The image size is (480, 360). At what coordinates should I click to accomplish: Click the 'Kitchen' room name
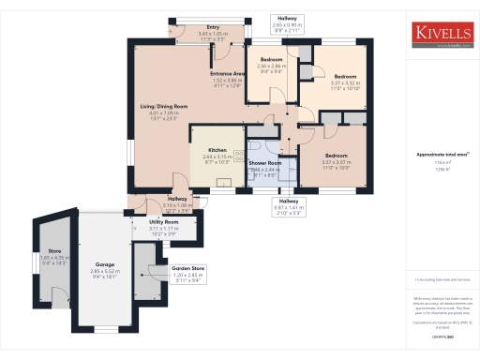pos(217,149)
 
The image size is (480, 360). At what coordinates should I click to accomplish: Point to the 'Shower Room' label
pos(265,163)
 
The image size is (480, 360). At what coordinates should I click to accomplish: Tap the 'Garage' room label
pos(105,264)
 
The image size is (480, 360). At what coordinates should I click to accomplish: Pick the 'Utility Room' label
pos(164,222)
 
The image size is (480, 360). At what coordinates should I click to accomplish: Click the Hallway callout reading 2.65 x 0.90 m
pos(287,23)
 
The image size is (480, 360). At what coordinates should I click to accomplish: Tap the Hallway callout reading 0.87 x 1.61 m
pos(286,206)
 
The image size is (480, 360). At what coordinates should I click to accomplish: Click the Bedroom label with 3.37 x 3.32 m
pos(346,76)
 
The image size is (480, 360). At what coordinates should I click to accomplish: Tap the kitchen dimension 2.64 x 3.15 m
pos(217,156)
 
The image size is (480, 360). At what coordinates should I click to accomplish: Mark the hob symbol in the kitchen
pos(238,153)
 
